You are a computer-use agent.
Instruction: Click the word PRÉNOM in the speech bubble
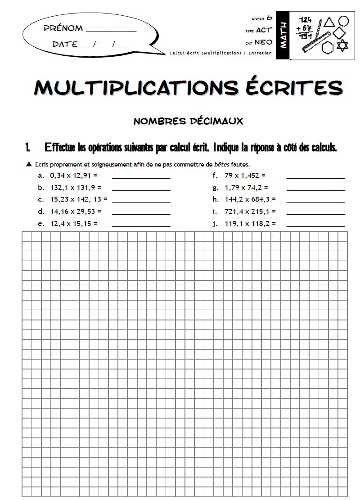[x=63, y=28]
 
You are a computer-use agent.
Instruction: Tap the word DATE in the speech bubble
[x=65, y=45]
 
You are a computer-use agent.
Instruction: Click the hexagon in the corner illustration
[x=328, y=47]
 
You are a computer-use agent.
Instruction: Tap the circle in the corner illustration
[x=344, y=21]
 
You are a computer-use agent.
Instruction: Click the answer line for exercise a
[x=141, y=178]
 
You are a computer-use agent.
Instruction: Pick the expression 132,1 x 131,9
[x=76, y=187]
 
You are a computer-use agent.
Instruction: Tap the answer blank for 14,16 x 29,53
[x=141, y=214]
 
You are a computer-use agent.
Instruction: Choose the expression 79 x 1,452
[x=245, y=175]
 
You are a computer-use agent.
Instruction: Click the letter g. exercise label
[x=215, y=187]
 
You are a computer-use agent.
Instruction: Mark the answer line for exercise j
[x=315, y=226]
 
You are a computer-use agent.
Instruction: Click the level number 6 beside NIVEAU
[x=269, y=18]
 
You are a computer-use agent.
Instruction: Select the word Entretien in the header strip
[x=260, y=53]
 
